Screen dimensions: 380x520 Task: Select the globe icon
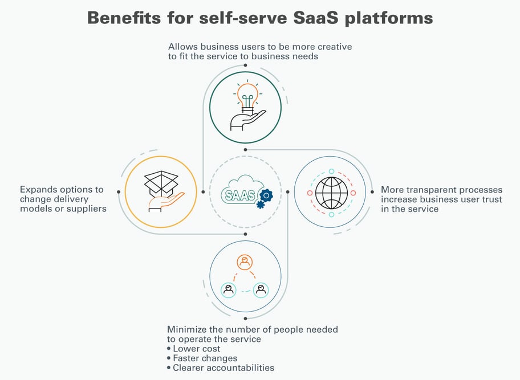(x=331, y=193)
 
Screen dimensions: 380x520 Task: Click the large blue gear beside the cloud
(x=265, y=195)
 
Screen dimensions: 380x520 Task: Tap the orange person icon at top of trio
(x=245, y=262)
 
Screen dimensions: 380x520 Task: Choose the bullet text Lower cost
(x=196, y=349)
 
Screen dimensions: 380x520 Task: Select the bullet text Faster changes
(x=205, y=358)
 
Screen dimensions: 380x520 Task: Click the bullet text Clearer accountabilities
(x=223, y=368)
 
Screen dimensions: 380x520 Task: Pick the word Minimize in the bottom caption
(x=187, y=329)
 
